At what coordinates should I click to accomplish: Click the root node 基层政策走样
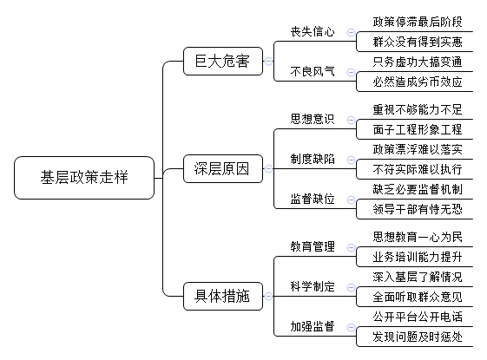pos(84,178)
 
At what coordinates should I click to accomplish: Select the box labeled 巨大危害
pos(223,61)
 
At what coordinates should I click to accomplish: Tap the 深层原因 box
pos(223,169)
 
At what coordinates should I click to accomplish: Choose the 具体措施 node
pos(223,296)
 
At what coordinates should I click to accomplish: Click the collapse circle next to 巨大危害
pos(268,61)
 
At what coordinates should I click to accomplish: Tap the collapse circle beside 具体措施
pos(268,296)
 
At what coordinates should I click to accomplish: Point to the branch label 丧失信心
pos(313,31)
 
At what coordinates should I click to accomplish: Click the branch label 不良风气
pos(313,72)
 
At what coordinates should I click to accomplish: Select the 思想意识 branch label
pos(313,119)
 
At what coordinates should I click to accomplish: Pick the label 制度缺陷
pos(313,159)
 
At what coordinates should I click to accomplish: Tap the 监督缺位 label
pos(313,199)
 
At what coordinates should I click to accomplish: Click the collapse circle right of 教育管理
pos(351,247)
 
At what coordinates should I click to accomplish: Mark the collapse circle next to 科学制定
pos(351,287)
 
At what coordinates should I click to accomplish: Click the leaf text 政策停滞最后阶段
pos(418,22)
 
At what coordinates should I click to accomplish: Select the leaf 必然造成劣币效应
pos(418,82)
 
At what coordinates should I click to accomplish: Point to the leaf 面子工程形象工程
pos(418,129)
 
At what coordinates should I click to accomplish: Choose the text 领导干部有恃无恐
pos(418,209)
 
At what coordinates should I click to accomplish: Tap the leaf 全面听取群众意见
pos(418,297)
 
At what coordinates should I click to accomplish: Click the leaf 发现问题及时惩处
pos(418,337)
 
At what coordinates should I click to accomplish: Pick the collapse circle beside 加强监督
pos(351,327)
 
